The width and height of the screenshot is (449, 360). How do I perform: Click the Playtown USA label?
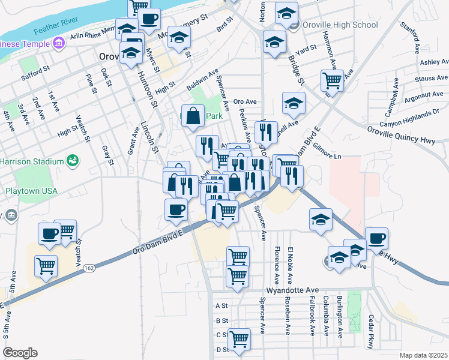[x=31, y=191]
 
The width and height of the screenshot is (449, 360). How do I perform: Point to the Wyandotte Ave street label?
[x=292, y=290]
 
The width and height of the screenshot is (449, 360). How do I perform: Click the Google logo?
[x=20, y=353]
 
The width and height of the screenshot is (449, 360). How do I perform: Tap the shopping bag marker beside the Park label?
[x=193, y=116]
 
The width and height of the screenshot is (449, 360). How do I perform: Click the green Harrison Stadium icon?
[x=73, y=161]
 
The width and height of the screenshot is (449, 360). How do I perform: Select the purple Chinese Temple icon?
[x=58, y=43]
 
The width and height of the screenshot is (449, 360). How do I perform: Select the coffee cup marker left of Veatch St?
[x=49, y=233]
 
